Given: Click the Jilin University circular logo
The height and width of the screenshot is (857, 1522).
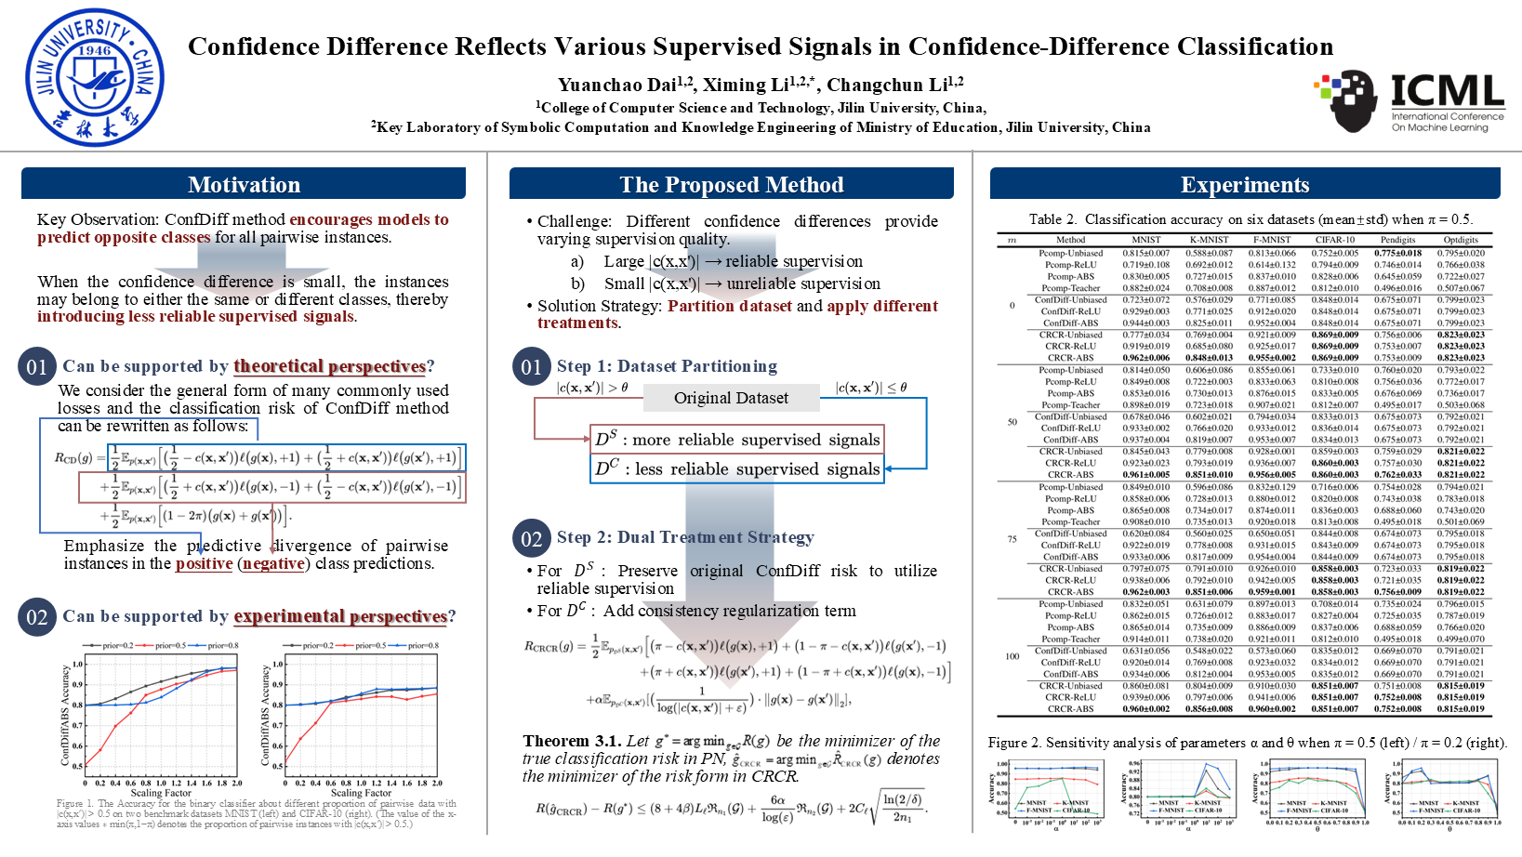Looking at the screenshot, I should [90, 77].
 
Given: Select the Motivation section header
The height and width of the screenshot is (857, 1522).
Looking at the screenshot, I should [244, 184].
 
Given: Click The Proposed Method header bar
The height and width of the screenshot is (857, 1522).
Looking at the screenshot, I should [732, 184].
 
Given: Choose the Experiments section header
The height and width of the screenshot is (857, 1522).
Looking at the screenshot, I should [1245, 184].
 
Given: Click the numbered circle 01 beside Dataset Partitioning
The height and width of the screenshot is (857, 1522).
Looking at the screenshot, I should [531, 366].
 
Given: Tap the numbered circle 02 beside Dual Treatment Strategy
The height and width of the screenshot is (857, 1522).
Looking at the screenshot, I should [531, 538].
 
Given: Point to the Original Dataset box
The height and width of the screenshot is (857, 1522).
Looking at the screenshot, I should [731, 398].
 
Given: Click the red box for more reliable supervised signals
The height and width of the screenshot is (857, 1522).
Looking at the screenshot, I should [736, 440].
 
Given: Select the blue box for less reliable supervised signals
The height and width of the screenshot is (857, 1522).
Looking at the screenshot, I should [736, 468].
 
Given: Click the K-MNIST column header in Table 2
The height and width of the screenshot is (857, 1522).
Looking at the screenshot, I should [1209, 240].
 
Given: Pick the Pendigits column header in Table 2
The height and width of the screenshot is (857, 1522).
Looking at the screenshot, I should [1397, 240].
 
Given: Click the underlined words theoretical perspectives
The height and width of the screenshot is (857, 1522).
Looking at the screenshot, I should [329, 366].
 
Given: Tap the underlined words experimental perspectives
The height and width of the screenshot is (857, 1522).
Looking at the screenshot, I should [340, 616].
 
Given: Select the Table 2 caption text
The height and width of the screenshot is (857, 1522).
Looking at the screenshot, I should [1251, 219].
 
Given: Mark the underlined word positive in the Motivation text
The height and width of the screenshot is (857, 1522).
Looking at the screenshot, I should [204, 563].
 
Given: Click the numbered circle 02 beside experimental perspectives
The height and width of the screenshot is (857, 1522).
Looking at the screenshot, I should [37, 617].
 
